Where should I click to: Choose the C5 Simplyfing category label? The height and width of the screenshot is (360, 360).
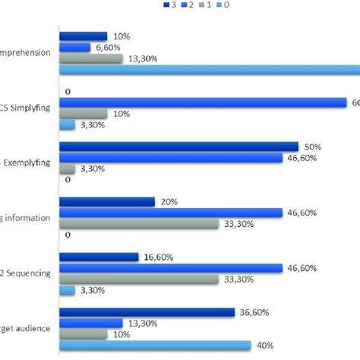[x=27, y=107]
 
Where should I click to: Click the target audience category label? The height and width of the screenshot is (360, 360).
[x=27, y=328]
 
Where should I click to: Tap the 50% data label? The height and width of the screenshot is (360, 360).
[x=313, y=147]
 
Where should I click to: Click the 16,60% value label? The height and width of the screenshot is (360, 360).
[x=160, y=257]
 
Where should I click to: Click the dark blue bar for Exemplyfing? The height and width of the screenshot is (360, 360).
[x=178, y=147]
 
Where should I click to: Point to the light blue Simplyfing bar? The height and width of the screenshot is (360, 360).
[x=67, y=125]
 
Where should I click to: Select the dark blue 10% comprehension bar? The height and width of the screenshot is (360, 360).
[x=83, y=36]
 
